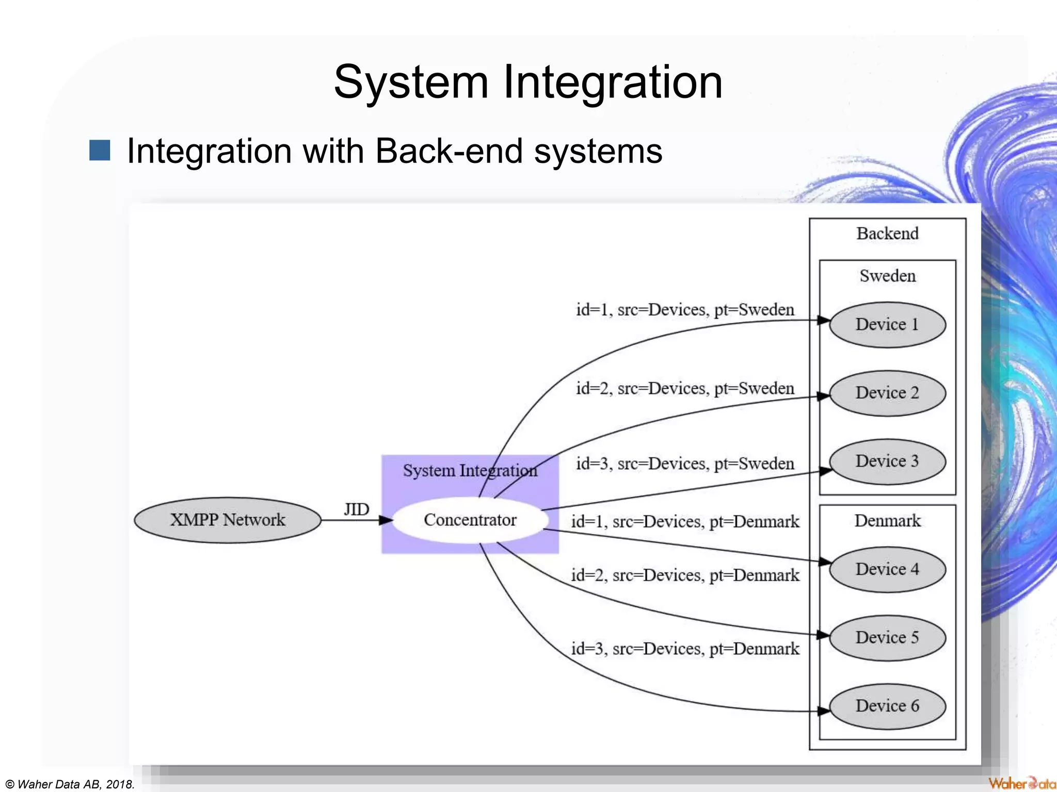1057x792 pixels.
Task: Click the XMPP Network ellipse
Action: pos(227,520)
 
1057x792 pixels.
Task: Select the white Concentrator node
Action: pos(470,520)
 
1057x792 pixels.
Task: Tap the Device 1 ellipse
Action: pos(887,324)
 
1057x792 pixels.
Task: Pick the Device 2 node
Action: pos(887,393)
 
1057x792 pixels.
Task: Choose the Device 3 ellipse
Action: pos(887,461)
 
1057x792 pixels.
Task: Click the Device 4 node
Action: pos(887,569)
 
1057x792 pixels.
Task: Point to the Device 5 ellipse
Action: pos(887,637)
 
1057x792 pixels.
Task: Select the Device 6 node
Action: pos(887,706)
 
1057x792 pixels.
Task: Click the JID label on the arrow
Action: pos(356,509)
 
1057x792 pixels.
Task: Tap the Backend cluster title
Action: pos(887,234)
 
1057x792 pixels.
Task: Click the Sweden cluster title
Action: pos(887,276)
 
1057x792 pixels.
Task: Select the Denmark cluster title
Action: pos(887,521)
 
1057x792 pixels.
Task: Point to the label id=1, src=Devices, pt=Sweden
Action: pos(685,310)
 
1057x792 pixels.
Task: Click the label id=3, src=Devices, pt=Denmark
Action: pos(685,649)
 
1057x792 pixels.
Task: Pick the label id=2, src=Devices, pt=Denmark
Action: pos(685,575)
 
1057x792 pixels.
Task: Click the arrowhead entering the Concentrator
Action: pos(386,520)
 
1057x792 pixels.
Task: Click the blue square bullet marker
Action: pos(100,151)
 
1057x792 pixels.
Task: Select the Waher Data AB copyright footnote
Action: pos(70,784)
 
